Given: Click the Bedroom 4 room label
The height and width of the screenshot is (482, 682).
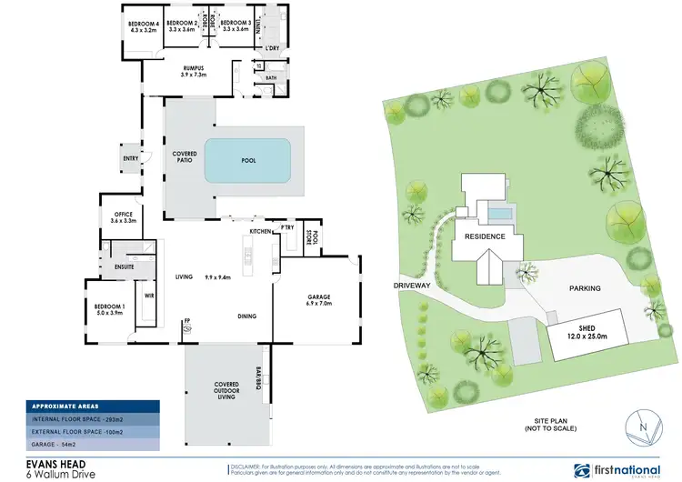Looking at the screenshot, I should [144, 26].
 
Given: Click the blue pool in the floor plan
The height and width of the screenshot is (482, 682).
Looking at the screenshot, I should [247, 160].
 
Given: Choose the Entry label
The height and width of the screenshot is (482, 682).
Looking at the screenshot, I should [130, 158].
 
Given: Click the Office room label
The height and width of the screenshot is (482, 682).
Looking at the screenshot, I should [123, 217].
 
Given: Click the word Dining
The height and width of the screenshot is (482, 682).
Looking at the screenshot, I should [246, 316].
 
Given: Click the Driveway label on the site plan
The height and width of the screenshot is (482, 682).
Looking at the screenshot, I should [411, 286].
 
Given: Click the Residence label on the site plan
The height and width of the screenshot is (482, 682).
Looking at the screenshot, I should [485, 236].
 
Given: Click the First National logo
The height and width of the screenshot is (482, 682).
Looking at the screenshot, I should [619, 469].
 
